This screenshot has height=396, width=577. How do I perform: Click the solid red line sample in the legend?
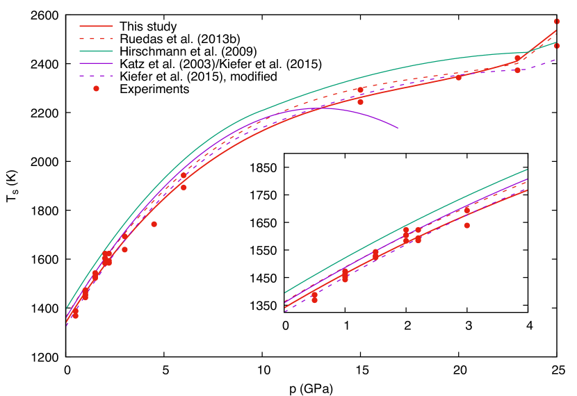point(96,26)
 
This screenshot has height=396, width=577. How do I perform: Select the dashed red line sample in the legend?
point(96,38)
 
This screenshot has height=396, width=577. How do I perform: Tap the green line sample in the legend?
point(96,51)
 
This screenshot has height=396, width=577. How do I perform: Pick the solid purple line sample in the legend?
point(96,63)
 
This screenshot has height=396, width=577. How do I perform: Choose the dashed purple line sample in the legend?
point(96,76)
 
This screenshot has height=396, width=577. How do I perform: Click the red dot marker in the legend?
point(96,88)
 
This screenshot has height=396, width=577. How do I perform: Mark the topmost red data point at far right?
point(556,22)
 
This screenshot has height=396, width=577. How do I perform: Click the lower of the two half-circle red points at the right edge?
point(556,46)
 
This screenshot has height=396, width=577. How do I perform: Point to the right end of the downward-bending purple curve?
point(398,128)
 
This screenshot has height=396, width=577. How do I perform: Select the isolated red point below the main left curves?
point(154,224)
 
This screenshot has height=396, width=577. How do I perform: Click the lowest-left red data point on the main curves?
point(75,315)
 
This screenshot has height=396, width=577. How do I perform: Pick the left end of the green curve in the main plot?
point(67,308)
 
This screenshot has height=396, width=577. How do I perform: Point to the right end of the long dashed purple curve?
point(555,60)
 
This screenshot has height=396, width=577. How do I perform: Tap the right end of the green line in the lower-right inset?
point(526,170)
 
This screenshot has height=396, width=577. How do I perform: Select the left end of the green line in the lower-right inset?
point(286,292)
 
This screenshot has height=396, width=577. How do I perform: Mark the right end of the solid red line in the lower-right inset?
point(526,190)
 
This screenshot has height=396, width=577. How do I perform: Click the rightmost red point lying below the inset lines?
point(466,225)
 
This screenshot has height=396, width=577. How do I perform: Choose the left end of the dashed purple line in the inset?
point(286,311)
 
